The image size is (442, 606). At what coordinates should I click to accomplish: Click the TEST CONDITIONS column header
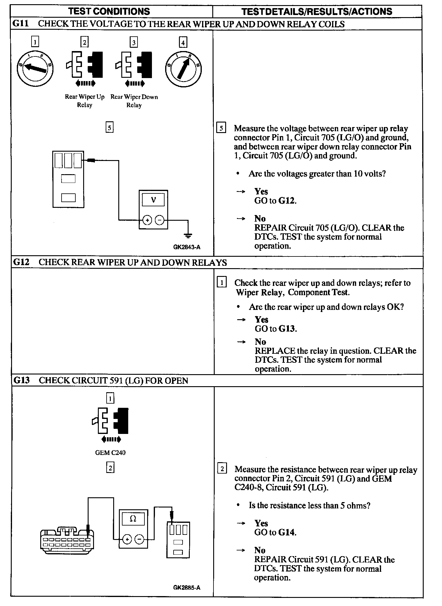(109, 11)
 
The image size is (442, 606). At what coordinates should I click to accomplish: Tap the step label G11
(20, 24)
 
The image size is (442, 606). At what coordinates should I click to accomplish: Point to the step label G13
(21, 380)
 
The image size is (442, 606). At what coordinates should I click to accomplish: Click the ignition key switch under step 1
(35, 69)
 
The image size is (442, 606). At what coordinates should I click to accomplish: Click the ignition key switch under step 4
(183, 69)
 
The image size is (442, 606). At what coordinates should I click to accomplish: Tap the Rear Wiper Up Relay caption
(85, 101)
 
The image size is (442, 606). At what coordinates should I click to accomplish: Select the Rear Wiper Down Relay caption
(134, 101)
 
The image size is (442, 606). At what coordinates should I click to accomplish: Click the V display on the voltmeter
(153, 200)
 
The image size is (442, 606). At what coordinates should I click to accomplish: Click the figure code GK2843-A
(186, 247)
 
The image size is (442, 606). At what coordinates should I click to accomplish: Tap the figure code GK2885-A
(186, 588)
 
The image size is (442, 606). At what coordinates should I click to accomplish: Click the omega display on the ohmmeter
(133, 519)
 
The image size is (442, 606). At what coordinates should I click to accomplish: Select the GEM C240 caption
(110, 453)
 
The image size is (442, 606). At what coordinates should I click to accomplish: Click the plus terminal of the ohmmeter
(127, 540)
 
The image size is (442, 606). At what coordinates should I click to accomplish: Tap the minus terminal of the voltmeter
(160, 220)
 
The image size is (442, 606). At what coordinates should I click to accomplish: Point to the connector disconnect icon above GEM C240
(110, 424)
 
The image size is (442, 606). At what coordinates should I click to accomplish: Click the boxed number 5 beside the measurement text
(221, 128)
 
